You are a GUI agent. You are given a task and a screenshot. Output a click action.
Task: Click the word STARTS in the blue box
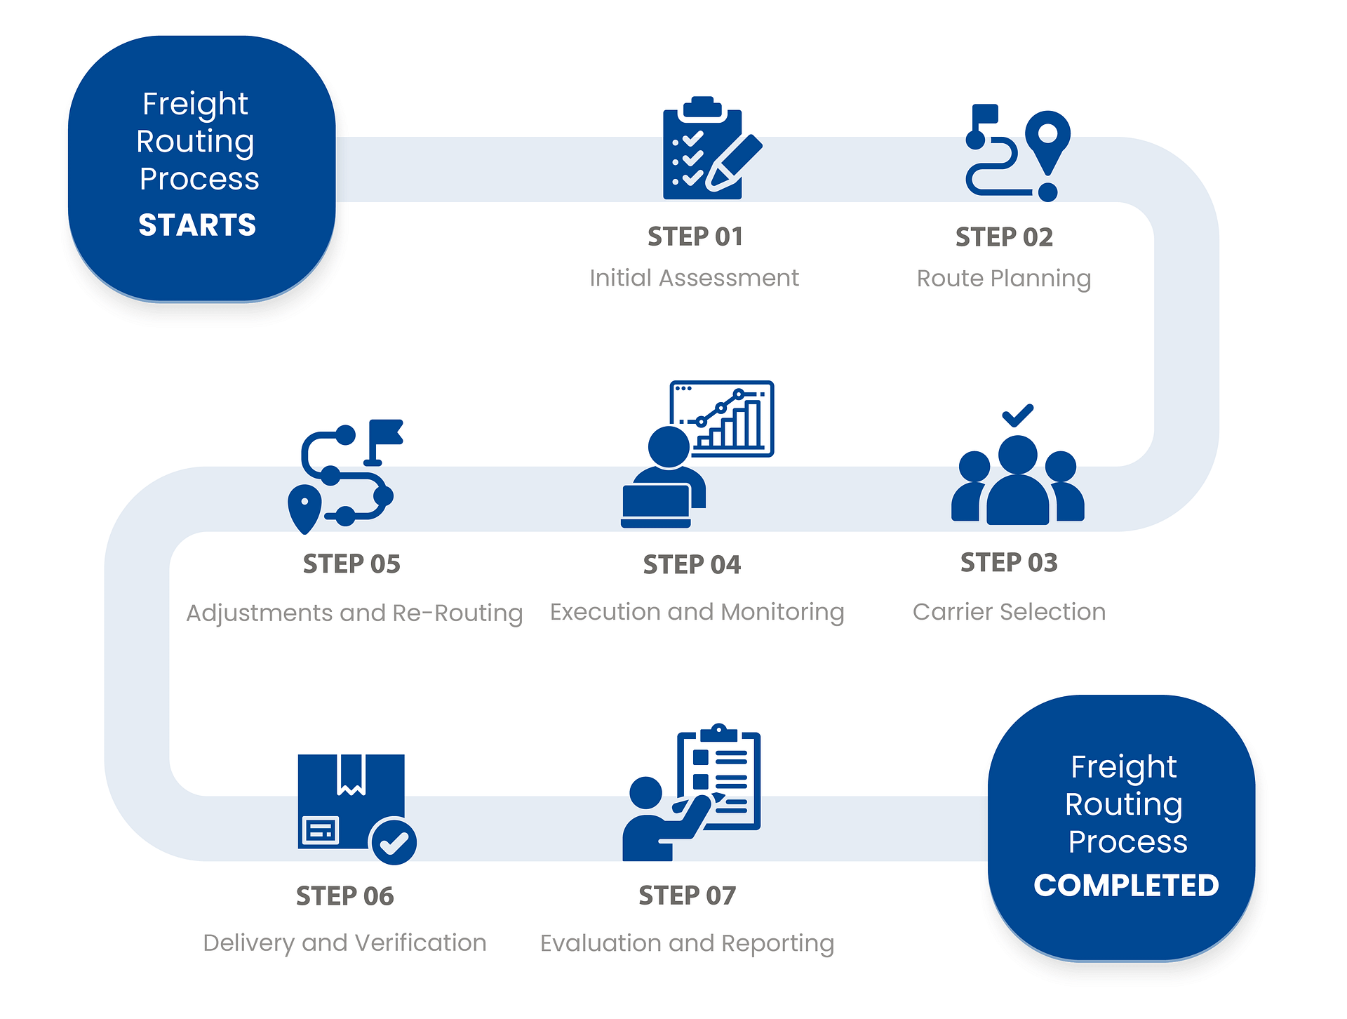(197, 225)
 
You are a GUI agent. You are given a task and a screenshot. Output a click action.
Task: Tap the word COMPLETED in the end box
(1126, 886)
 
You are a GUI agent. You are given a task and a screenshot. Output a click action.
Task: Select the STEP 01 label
(695, 237)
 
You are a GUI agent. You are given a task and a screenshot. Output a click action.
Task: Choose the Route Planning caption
(1004, 279)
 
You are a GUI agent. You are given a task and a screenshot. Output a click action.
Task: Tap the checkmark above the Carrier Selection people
(1017, 415)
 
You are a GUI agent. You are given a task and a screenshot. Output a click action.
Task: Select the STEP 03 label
(1009, 563)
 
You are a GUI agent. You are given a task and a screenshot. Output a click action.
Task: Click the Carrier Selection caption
(1009, 612)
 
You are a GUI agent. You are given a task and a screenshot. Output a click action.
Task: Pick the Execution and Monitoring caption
(697, 612)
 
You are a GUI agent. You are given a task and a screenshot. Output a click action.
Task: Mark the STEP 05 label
(351, 564)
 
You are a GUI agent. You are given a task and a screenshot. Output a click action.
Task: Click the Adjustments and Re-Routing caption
(354, 613)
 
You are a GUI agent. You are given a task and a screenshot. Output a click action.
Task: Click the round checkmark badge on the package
(394, 841)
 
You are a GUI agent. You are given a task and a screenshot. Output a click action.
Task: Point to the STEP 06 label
(345, 896)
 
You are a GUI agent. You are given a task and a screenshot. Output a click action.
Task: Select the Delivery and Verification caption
(344, 943)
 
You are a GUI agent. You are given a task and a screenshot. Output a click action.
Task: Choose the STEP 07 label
(688, 896)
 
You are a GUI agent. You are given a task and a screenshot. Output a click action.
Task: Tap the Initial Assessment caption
(694, 279)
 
